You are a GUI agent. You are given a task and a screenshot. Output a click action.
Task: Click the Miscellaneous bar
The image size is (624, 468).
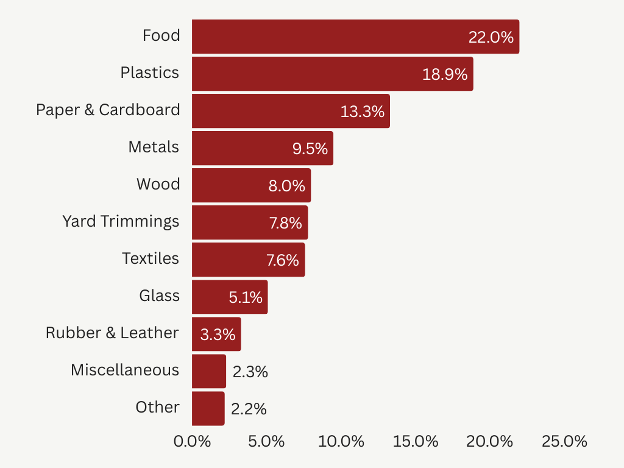pos(208,371)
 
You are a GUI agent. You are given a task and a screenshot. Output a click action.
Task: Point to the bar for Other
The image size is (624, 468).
pos(208,408)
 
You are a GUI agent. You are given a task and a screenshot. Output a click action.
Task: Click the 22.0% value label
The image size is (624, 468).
pos(491,37)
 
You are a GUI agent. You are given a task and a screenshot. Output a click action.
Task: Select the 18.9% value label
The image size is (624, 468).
pos(445,74)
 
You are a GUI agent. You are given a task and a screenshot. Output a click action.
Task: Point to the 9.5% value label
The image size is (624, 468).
pos(310,149)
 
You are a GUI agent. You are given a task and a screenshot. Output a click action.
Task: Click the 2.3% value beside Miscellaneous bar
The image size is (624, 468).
pos(250,372)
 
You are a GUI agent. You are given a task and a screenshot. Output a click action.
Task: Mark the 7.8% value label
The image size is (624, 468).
pos(285,223)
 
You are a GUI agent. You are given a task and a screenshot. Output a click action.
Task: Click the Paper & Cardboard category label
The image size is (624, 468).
pos(108,110)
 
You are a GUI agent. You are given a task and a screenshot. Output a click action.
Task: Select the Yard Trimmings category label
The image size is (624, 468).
pos(121,221)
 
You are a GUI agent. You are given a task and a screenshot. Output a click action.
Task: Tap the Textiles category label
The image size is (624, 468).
pos(151,258)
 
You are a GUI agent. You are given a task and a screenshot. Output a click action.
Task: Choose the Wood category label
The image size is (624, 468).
pos(158,184)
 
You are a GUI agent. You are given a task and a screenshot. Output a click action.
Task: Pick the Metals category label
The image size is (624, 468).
pos(154,147)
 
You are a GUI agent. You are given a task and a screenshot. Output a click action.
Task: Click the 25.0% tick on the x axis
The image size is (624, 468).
pos(564,442)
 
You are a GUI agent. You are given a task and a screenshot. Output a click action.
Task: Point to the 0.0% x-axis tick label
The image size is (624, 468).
pos(193,442)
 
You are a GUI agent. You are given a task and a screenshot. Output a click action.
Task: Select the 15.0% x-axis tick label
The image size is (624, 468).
pos(416,442)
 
